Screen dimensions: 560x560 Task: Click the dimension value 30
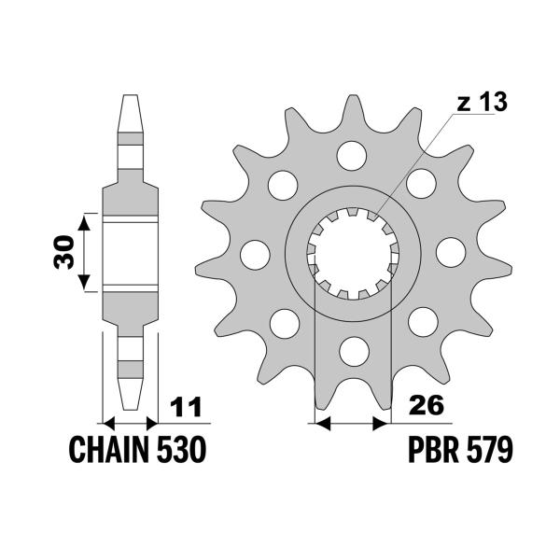point(63,251)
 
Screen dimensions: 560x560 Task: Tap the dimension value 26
point(426,407)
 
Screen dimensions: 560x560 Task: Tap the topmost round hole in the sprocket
point(353,152)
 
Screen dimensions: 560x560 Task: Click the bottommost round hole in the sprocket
point(353,352)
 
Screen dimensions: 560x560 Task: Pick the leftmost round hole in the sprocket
point(253,253)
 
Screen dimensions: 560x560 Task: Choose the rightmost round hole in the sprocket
point(452,252)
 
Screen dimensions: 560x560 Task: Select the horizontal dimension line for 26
point(353,423)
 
